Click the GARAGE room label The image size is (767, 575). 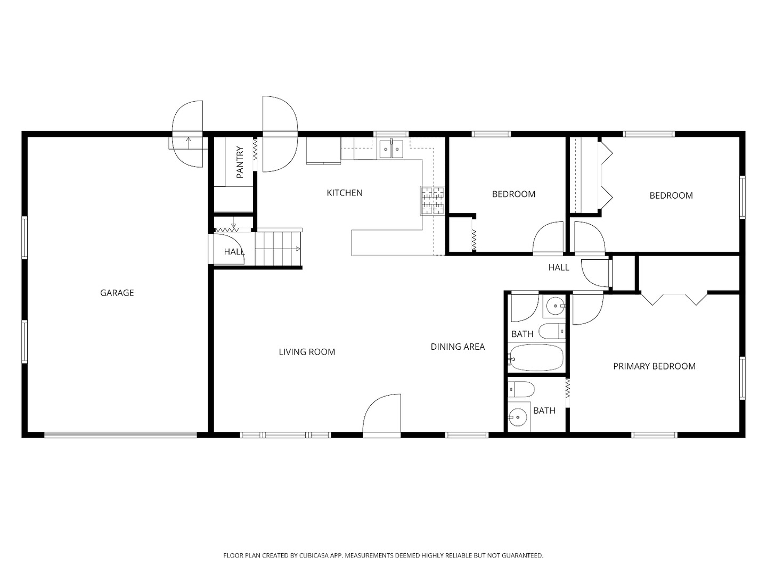coord(117,293)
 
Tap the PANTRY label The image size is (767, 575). coord(240,162)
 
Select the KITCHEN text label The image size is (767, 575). coord(344,193)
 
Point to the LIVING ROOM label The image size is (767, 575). coord(307,352)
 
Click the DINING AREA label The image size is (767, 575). coord(458,347)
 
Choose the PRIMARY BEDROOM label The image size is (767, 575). coord(654,366)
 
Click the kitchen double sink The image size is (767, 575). coord(391,149)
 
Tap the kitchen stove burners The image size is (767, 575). coord(433,201)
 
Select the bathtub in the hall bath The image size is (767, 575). coord(536,357)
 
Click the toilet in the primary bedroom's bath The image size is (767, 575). coord(521,389)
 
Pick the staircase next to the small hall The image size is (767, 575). coord(278,249)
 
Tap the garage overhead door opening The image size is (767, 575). coord(120,434)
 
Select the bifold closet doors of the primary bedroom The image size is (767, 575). coord(674,300)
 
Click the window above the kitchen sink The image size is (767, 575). coord(391,134)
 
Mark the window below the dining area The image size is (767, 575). coord(467,435)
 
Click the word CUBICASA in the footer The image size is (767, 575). coord(314,555)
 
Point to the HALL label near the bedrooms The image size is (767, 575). coord(558,267)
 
